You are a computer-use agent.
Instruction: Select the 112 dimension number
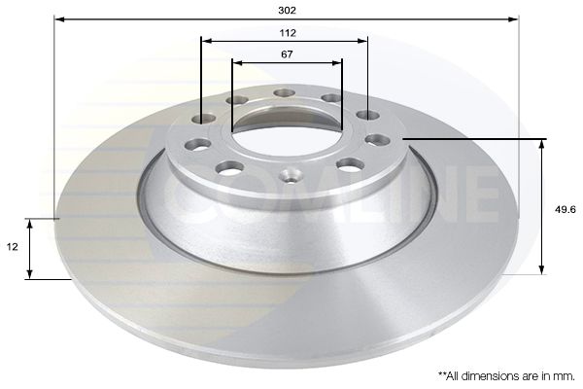point(286,32)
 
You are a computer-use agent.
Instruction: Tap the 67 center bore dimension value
point(287,54)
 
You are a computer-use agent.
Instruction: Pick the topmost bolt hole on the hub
point(284,93)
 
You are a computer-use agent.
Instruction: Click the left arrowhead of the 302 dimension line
point(58,18)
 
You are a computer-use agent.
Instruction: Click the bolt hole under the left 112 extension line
point(204,119)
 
